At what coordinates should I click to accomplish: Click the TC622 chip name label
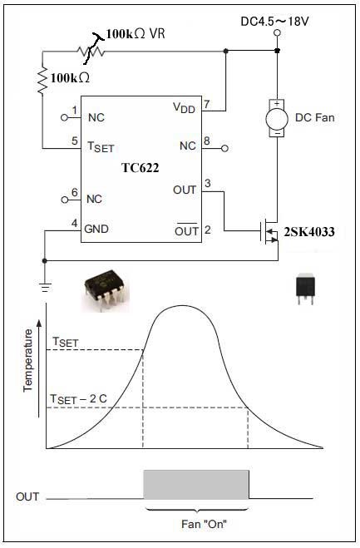[141, 168]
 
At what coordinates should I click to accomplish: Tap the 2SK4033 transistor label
[309, 232]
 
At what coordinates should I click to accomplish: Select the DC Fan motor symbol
[277, 118]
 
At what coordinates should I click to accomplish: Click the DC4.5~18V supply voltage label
[274, 22]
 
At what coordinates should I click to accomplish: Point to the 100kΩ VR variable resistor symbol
[91, 52]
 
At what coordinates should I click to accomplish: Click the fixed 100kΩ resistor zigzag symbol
[42, 81]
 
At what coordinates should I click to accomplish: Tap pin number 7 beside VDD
[207, 104]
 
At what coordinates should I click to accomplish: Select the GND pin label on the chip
[96, 229]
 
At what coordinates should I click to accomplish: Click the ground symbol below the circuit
[45, 287]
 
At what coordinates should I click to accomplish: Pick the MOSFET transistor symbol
[269, 231]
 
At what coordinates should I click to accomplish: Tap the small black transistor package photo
[305, 289]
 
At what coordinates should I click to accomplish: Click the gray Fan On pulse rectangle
[196, 485]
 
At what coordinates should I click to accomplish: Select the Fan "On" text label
[205, 524]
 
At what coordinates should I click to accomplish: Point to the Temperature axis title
[27, 360]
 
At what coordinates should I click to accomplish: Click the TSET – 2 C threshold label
[78, 399]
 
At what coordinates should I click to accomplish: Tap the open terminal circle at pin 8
[225, 149]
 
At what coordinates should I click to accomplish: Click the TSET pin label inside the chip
[101, 147]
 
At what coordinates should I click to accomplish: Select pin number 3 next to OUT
[208, 183]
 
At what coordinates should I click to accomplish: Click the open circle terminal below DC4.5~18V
[277, 33]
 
